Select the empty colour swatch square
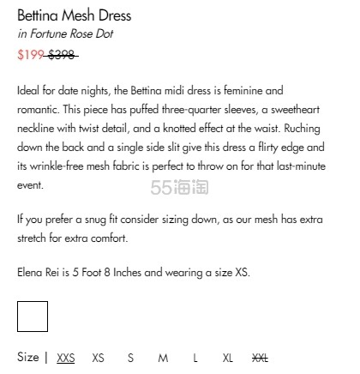33,317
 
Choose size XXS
66,358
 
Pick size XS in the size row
99,358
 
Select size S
131,358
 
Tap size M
163,358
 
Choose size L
195,358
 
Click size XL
227,358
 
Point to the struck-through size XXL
261,358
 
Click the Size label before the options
27,358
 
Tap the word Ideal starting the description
29,90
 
